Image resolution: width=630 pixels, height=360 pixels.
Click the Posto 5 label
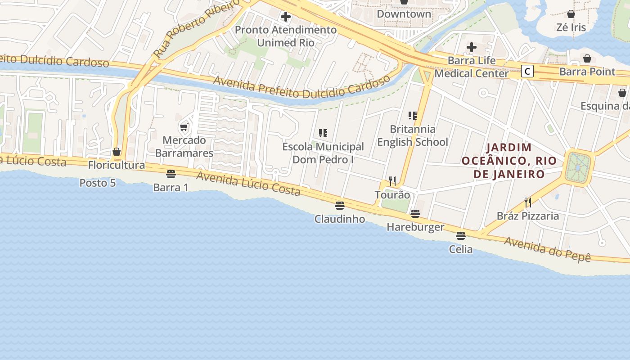point(97,183)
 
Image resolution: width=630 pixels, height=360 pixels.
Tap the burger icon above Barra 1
point(171,174)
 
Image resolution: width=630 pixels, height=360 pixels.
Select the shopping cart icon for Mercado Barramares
point(184,127)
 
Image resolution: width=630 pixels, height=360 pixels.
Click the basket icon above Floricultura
point(117,152)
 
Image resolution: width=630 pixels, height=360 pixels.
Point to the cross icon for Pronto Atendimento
point(285,17)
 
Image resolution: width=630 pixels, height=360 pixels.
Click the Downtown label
point(404,14)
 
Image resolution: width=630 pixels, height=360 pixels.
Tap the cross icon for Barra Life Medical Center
point(471,47)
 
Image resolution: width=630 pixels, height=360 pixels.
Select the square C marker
point(527,71)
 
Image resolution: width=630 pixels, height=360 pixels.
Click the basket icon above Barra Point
point(587,58)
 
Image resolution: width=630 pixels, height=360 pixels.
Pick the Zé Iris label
point(571,27)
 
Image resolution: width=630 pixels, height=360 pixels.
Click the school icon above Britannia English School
point(412,116)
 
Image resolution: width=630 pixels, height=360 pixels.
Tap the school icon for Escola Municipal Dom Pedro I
point(323,133)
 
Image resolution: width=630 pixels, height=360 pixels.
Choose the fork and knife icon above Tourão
point(392,181)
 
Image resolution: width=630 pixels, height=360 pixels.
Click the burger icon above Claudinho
point(340,206)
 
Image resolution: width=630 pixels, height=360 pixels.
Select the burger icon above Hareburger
point(415,213)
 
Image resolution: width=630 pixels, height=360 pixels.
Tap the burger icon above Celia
point(460,235)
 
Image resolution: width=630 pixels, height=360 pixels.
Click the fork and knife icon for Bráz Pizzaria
point(527,202)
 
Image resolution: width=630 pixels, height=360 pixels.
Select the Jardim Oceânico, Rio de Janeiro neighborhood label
point(509,161)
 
